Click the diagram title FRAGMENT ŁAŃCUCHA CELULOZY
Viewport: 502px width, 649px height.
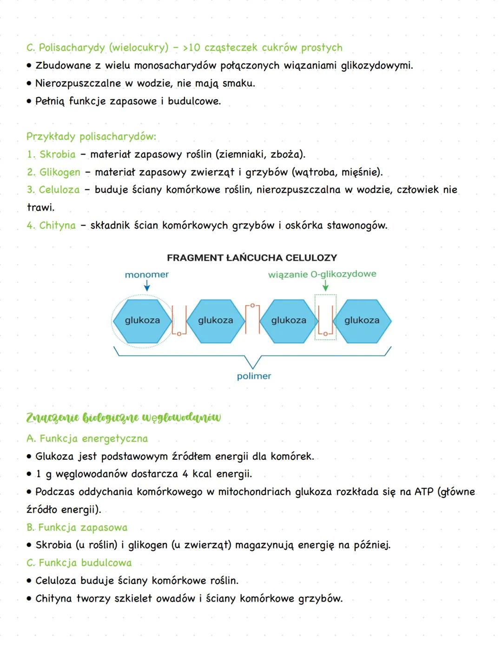pyautogui.click(x=251, y=258)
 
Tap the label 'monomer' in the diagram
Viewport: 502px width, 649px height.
pyautogui.click(x=146, y=274)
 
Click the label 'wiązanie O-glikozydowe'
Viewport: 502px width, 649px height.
pyautogui.click(x=322, y=274)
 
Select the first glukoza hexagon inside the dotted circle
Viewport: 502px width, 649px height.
pyautogui.click(x=142, y=320)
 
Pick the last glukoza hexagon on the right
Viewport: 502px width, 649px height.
pyautogui.click(x=362, y=320)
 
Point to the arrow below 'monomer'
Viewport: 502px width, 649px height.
pyautogui.click(x=147, y=287)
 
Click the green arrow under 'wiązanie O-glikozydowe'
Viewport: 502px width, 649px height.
pyautogui.click(x=325, y=286)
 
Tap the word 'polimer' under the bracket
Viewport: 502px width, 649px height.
pyautogui.click(x=254, y=376)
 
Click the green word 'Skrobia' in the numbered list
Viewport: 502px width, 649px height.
pyautogui.click(x=57, y=154)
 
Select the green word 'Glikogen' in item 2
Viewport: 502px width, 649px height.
pyautogui.click(x=59, y=172)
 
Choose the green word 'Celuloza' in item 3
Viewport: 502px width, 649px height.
pyautogui.click(x=59, y=190)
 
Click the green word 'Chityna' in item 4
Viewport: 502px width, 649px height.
pyautogui.click(x=57, y=226)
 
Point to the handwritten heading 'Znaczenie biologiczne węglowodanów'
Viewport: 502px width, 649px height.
pyautogui.click(x=124, y=417)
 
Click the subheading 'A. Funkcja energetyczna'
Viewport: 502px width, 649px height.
pyautogui.click(x=87, y=439)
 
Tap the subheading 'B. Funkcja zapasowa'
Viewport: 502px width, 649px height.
pyautogui.click(x=77, y=528)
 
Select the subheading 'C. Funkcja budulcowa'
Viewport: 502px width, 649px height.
pyautogui.click(x=79, y=563)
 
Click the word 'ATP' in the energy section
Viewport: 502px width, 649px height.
pyautogui.click(x=423, y=492)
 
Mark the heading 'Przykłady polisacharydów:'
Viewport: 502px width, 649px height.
pyautogui.click(x=91, y=137)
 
